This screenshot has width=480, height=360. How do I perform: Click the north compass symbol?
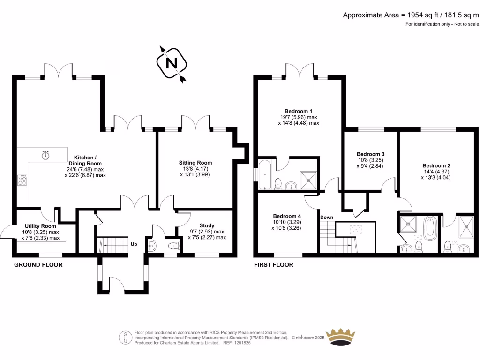click(x=172, y=63)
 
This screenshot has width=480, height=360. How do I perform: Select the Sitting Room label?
click(x=199, y=163)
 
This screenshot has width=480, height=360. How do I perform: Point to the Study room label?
click(x=207, y=225)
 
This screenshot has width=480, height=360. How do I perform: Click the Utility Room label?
click(x=41, y=226)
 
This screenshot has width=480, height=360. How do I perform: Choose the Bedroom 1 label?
click(x=299, y=111)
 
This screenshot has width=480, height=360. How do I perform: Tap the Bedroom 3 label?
click(x=370, y=154)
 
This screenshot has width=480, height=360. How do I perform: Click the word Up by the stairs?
click(x=134, y=244)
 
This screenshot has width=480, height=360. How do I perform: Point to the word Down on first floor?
click(x=327, y=217)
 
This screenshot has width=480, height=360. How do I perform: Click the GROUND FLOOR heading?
click(x=38, y=265)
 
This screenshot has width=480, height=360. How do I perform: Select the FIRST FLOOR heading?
click(x=273, y=265)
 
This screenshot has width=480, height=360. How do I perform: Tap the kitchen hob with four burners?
click(x=22, y=180)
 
